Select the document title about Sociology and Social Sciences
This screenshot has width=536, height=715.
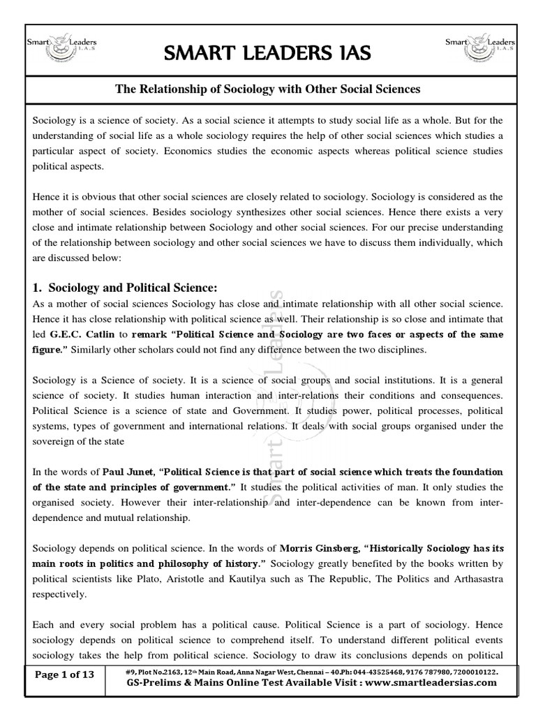(268, 89)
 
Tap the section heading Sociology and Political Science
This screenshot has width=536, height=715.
(123, 288)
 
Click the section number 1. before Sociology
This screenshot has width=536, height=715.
(38, 288)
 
